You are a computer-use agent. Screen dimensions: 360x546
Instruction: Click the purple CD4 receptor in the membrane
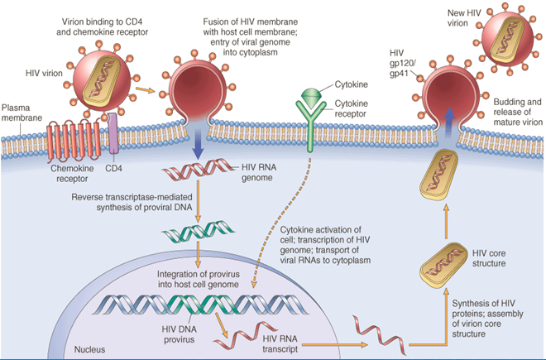(113, 134)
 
